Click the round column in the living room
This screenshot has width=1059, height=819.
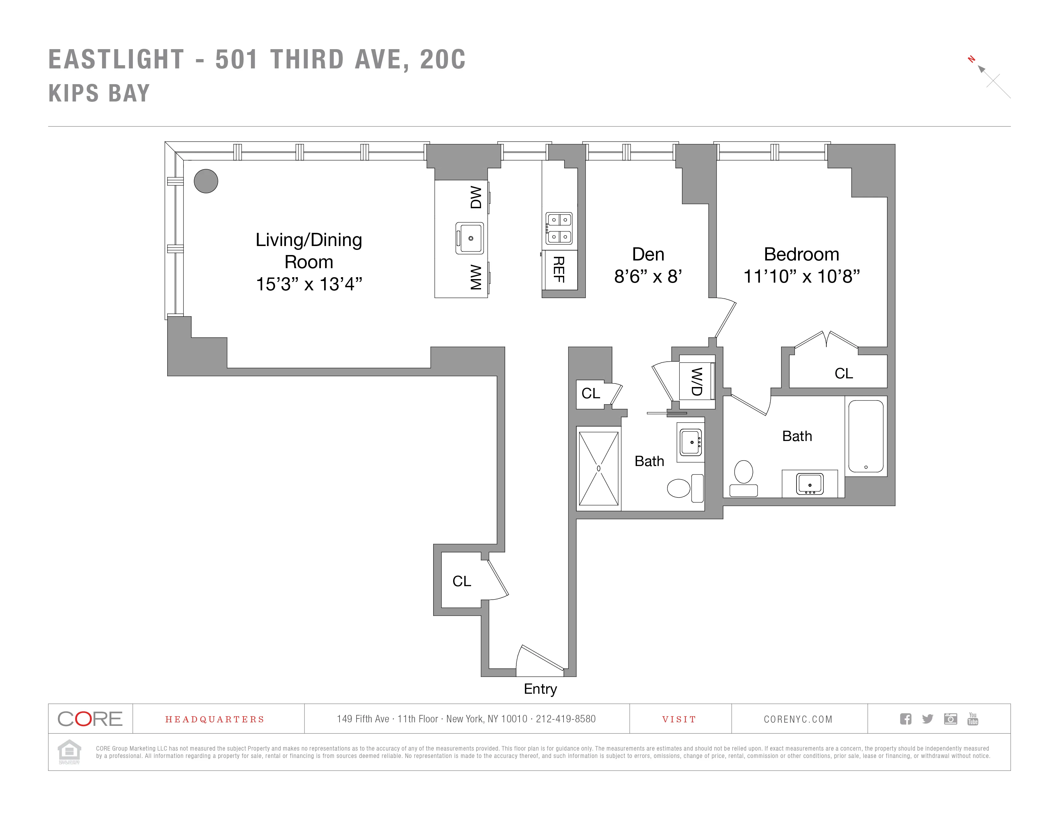pos(206,181)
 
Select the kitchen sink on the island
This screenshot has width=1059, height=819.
pos(470,238)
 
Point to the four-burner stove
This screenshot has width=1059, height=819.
pos(559,228)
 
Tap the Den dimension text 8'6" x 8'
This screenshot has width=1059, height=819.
pos(648,277)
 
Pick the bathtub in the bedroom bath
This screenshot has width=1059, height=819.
pos(865,435)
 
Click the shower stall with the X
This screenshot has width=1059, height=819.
pos(598,468)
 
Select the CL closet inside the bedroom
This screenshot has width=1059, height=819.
pos(843,373)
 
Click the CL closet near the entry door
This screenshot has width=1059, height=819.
pos(461,581)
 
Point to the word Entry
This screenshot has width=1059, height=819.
pos(540,689)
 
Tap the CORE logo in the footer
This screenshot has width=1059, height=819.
pos(90,718)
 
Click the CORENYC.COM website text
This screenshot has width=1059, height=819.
pos(798,719)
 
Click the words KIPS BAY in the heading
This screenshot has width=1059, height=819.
pos(99,93)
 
